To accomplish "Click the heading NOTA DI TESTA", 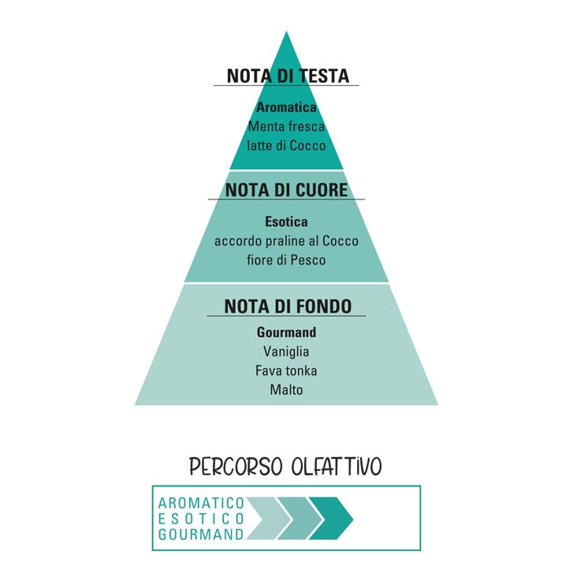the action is [288, 76].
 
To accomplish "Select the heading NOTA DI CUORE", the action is [287, 190].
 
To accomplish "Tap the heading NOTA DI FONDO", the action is [288, 307].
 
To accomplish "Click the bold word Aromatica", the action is [286, 107].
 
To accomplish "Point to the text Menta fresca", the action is [286, 126].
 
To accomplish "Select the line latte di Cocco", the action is [286, 146].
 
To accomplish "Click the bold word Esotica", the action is [286, 221].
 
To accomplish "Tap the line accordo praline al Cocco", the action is [286, 241].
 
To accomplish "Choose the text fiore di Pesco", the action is [286, 260].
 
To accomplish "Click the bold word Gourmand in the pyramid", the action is [286, 332].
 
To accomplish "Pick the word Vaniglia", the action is [286, 352].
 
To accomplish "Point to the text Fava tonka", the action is [286, 370].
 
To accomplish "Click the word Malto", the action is [286, 389].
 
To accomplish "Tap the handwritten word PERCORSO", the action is [236, 467].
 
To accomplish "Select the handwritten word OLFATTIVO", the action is [337, 467].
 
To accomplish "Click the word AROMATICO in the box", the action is [201, 503].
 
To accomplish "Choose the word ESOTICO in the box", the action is [201, 519].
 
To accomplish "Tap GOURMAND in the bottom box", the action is [201, 534].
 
